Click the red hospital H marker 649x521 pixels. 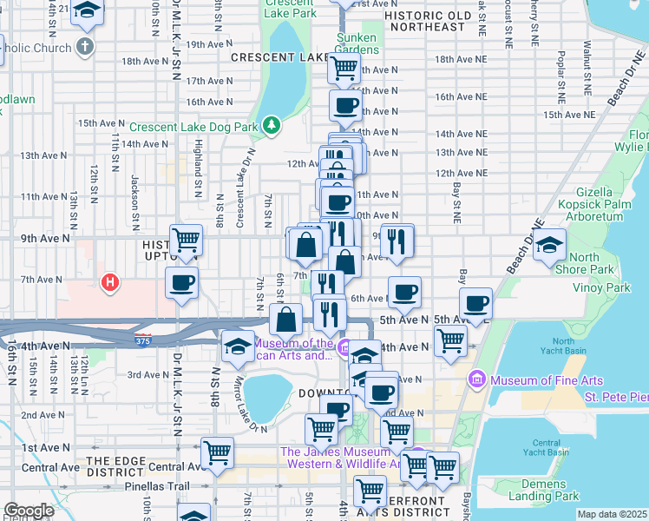[x=109, y=282]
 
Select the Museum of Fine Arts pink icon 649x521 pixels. [x=475, y=379]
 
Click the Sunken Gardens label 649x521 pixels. [x=357, y=43]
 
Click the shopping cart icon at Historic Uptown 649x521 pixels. [x=186, y=239]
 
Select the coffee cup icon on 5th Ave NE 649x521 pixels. [x=475, y=303]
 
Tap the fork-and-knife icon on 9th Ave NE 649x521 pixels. [x=397, y=241]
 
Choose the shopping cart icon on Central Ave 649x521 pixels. [x=217, y=452]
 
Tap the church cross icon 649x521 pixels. [x=84, y=45]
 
